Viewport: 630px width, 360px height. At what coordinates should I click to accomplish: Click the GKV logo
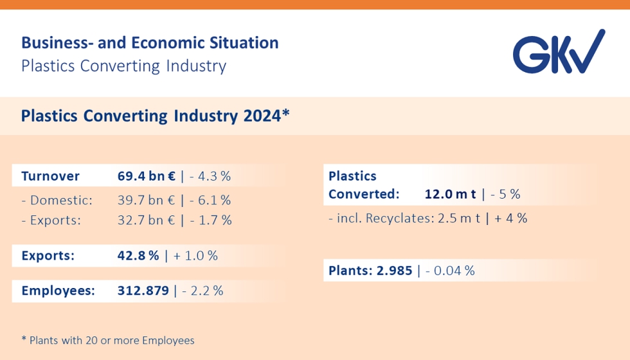pyautogui.click(x=558, y=51)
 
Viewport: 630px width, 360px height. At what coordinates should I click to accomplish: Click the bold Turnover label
pyautogui.click(x=50, y=176)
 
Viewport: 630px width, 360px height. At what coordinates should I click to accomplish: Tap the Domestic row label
pyautogui.click(x=57, y=200)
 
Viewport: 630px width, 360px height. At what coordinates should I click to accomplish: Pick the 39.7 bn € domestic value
pyautogui.click(x=147, y=200)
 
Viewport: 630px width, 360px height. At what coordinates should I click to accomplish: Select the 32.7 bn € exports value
pyautogui.click(x=147, y=220)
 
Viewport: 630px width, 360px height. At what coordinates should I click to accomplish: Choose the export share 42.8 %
pyautogui.click(x=138, y=255)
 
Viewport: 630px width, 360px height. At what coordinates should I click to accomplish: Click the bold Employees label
pyautogui.click(x=58, y=291)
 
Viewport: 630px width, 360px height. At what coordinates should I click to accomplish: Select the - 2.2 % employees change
pyautogui.click(x=203, y=291)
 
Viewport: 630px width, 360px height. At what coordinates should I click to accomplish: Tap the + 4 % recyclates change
pyautogui.click(x=510, y=218)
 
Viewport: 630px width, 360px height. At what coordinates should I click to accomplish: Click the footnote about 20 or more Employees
pyautogui.click(x=108, y=340)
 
